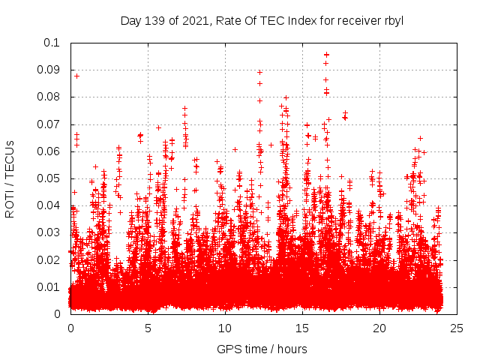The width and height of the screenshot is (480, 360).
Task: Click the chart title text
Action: [262, 20]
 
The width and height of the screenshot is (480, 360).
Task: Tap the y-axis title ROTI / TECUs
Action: [10, 178]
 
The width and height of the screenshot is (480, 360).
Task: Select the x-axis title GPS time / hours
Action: [262, 349]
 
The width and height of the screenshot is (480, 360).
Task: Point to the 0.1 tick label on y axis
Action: [52, 43]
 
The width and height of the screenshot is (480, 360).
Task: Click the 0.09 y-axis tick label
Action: [49, 70]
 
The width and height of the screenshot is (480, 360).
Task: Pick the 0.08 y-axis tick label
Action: [49, 97]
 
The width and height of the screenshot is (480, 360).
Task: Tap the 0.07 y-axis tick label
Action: [49, 124]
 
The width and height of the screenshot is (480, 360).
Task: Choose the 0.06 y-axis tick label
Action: [49, 151]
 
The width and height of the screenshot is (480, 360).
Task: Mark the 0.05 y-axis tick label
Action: [49, 178]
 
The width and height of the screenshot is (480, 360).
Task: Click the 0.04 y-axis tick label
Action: [49, 205]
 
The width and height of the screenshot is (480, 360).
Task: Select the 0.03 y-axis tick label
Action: [49, 232]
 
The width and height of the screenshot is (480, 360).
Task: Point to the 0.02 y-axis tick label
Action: [49, 259]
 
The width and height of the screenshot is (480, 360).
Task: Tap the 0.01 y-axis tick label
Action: [49, 286]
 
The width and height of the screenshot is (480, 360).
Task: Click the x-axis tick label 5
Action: [148, 328]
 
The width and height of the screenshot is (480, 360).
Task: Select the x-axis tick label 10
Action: [225, 328]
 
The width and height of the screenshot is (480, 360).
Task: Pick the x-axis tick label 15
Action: [302, 328]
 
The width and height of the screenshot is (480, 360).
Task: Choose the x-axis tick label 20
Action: [379, 328]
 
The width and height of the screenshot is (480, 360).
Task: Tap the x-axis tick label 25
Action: [457, 328]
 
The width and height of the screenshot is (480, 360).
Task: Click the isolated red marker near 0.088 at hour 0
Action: [76, 76]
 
